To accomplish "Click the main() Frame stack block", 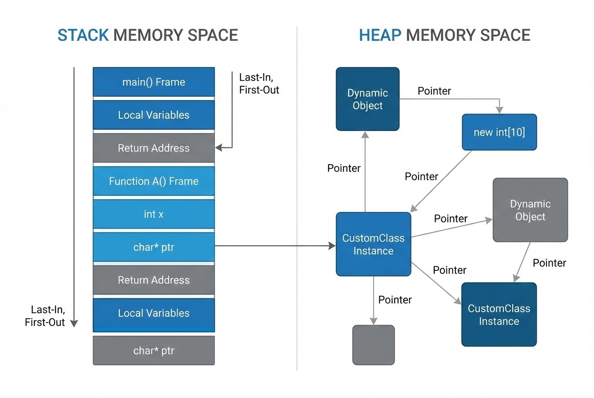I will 154,82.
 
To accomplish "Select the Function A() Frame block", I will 154,181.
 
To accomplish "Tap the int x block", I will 154,214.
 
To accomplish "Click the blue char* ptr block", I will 154,247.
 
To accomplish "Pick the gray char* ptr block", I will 154,350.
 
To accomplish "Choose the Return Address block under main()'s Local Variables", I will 154,148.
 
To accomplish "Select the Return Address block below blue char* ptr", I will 154,280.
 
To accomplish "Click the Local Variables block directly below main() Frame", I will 154,115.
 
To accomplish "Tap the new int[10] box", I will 499,132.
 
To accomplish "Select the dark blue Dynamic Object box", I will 367,99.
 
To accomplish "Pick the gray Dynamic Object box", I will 530,210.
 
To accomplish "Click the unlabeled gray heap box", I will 374,345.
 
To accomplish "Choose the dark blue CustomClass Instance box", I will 499,314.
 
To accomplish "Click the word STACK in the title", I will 83,35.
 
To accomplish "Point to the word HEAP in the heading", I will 380,35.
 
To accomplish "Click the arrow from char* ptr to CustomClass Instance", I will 273,245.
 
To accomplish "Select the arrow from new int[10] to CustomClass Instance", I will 442,181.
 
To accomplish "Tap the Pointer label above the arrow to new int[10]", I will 434,91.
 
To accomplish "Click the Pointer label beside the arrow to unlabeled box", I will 395,300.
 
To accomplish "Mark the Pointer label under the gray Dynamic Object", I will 549,263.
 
